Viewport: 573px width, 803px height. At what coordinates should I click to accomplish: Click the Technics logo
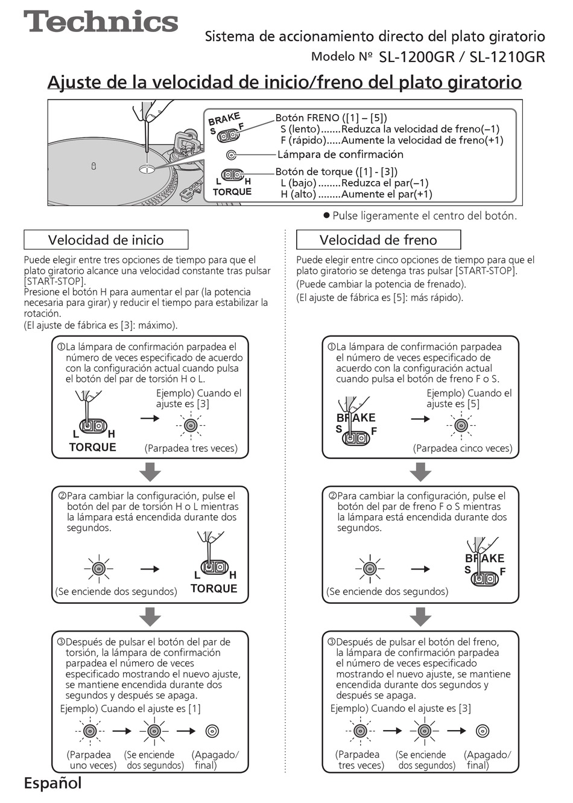(101, 22)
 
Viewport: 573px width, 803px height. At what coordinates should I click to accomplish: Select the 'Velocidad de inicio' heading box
(106, 240)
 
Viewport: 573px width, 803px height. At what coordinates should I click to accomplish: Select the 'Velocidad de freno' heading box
(378, 240)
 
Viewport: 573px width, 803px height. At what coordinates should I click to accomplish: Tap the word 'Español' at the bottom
(52, 784)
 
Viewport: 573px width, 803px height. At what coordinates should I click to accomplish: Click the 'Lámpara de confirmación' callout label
(340, 154)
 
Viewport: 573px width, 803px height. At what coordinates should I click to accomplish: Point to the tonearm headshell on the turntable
(181, 145)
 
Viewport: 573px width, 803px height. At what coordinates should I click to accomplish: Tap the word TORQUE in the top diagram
(232, 192)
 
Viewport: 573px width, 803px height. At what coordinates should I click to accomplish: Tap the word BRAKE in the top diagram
(224, 118)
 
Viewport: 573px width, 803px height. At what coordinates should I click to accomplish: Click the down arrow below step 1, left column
(150, 472)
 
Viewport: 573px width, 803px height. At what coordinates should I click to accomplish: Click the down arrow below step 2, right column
(420, 617)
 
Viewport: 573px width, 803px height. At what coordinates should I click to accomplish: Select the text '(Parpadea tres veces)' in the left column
(191, 448)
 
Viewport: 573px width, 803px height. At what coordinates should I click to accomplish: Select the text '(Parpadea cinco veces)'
(463, 448)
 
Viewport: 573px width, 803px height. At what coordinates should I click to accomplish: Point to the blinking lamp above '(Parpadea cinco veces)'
(461, 426)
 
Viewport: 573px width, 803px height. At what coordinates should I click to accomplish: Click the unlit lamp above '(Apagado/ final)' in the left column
(212, 731)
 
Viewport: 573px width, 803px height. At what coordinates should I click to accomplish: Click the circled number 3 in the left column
(61, 642)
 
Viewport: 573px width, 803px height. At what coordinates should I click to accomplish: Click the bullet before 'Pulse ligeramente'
(326, 215)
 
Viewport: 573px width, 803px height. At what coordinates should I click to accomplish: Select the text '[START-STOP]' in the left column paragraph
(55, 282)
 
